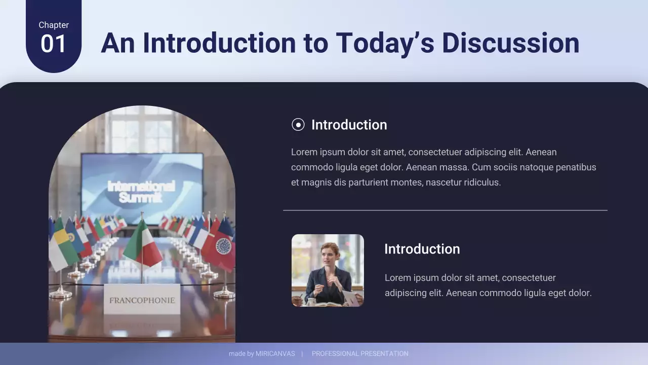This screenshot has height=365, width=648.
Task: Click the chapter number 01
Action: [x=53, y=44]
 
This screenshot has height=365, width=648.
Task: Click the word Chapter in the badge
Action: [x=54, y=25]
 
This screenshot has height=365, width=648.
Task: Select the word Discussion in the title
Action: [x=510, y=43]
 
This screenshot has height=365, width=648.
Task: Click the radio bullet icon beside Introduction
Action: [x=298, y=125]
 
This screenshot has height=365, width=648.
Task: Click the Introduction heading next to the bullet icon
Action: [x=349, y=125]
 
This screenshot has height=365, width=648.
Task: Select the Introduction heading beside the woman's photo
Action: [x=422, y=249]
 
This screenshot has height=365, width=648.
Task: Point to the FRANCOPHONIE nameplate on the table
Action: [x=142, y=300]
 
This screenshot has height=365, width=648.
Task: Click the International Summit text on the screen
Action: [x=141, y=192]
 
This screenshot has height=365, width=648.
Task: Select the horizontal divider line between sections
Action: [x=445, y=210]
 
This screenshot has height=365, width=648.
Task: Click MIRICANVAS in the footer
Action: [x=275, y=354]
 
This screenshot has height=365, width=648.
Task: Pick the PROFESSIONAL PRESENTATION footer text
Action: [x=360, y=354]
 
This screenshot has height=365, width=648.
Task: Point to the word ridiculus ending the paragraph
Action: [x=481, y=182]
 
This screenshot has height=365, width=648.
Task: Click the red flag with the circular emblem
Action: [x=222, y=247]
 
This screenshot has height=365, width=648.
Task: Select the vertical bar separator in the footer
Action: [x=302, y=354]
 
